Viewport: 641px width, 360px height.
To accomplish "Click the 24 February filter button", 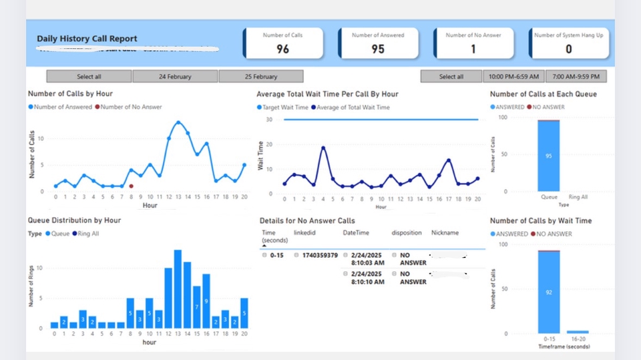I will tap(175, 77).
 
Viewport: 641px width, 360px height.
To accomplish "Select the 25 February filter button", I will tap(261, 77).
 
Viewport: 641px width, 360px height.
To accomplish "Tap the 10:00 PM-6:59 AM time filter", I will tap(513, 77).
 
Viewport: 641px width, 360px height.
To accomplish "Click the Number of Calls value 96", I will tap(282, 49).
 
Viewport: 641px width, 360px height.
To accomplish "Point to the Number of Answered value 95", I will tap(378, 49).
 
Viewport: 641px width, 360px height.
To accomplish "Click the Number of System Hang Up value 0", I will tap(568, 49).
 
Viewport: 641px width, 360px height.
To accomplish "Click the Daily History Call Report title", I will tap(87, 39).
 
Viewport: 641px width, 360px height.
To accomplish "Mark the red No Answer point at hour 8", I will tap(132, 186).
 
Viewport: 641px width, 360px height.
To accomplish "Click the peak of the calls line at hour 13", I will tap(178, 123).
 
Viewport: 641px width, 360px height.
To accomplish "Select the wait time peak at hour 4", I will tap(323, 148).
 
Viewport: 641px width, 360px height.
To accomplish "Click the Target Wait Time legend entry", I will tap(282, 107).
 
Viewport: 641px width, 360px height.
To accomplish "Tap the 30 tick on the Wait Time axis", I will tap(269, 120).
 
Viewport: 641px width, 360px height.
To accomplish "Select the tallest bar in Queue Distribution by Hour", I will tap(178, 289).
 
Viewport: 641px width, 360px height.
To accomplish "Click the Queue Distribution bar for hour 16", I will tap(206, 301).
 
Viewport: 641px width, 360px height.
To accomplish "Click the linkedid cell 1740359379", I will tap(319, 255).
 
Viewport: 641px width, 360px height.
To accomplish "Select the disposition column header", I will tap(407, 233).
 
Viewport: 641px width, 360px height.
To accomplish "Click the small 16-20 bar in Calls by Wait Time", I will tap(578, 331).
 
